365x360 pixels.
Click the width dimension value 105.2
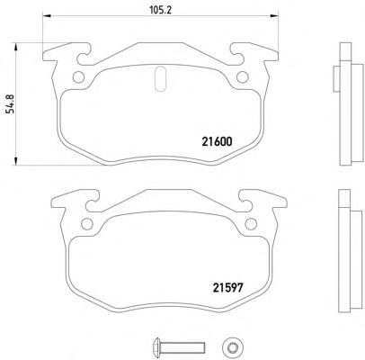point(160,10)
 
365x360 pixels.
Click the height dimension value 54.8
point(11,103)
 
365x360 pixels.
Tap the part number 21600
point(217,141)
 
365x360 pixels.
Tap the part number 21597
point(227,288)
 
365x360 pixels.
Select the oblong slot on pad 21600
point(160,78)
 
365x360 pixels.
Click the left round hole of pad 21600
point(78,77)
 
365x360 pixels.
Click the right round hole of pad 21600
point(242,77)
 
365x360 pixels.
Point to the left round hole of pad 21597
point(87,224)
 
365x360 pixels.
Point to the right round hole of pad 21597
point(251,224)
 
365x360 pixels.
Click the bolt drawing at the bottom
point(179,347)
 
